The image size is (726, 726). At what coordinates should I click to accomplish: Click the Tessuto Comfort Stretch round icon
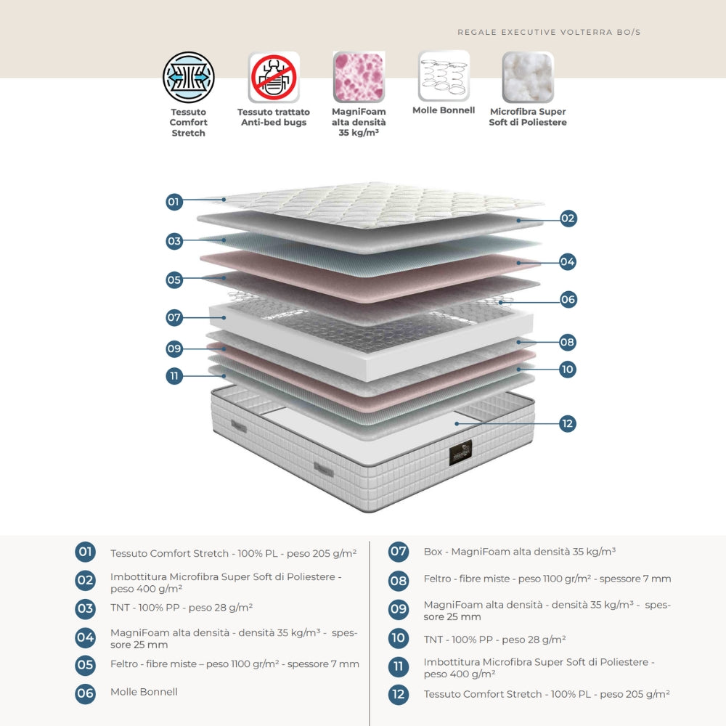tap(189, 77)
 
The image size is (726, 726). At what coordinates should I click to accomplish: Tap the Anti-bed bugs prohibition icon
tap(274, 77)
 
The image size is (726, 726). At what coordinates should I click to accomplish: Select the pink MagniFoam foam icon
tap(359, 76)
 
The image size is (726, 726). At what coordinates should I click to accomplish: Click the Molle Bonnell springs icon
tap(444, 76)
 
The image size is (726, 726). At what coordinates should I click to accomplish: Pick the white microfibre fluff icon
tap(528, 76)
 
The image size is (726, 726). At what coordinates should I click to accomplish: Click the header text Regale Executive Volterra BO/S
tap(549, 32)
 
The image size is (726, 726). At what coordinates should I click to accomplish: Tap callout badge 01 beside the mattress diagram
tap(174, 202)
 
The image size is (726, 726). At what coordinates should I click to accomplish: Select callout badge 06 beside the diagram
tap(568, 298)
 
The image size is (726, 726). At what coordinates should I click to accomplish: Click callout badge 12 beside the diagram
tap(568, 423)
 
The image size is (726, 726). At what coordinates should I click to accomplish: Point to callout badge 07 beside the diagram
tap(174, 317)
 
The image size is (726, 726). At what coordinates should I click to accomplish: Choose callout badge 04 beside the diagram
tap(568, 261)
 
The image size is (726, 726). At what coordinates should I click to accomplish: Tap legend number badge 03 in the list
tap(86, 608)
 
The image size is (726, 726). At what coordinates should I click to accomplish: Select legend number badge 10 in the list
tap(398, 639)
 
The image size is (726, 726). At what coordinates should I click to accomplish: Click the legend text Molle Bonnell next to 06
tap(144, 692)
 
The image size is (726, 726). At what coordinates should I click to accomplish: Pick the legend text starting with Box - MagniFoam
tap(519, 552)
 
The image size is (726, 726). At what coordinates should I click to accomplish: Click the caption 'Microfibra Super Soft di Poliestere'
tap(528, 117)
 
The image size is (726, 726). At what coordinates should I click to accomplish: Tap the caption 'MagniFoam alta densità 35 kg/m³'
tap(359, 122)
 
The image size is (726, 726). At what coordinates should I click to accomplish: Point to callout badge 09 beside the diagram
tap(174, 348)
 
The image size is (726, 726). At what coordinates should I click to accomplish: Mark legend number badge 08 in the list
tap(398, 579)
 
